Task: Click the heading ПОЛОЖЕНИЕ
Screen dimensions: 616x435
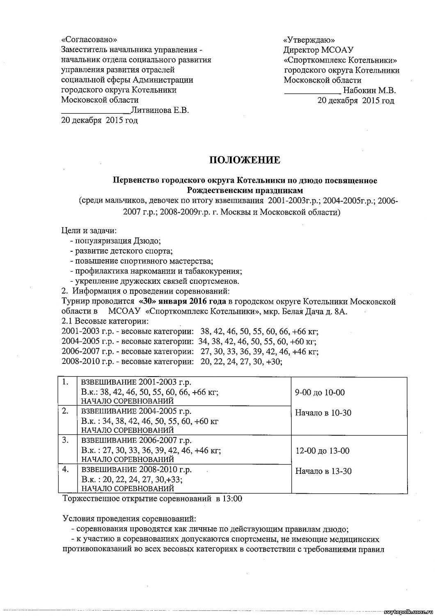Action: pos(245,160)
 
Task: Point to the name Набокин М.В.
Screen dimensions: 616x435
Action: pos(369,90)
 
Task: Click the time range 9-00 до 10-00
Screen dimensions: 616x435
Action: pos(320,392)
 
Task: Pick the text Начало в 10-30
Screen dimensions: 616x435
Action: pos(323,413)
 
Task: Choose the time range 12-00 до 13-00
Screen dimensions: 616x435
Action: pos(323,451)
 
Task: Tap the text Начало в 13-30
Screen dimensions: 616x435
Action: pos(323,471)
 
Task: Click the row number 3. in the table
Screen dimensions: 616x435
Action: pos(65,440)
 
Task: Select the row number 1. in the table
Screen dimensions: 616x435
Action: pos(65,382)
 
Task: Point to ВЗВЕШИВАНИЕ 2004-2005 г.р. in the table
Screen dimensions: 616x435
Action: pos(136,411)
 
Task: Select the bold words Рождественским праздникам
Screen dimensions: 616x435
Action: pos(245,190)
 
